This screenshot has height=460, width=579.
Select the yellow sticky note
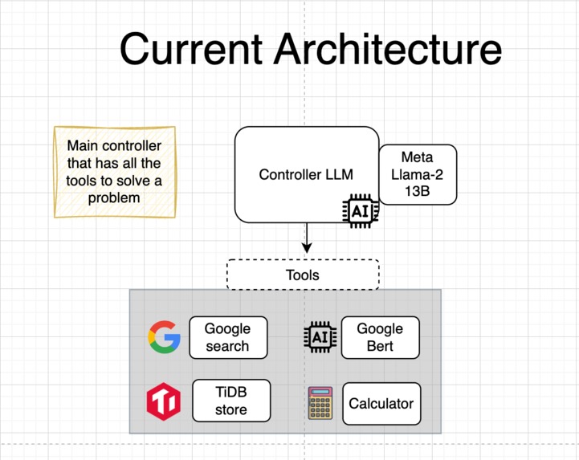click(114, 172)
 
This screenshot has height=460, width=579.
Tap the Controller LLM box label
click(306, 174)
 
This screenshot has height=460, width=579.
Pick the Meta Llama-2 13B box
click(417, 175)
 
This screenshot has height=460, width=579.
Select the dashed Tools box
click(303, 275)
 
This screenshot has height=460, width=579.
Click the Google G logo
click(165, 337)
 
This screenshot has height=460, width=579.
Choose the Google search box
click(227, 337)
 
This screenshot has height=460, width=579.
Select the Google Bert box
click(380, 337)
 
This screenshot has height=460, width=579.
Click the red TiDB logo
click(164, 401)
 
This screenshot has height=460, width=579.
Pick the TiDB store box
click(231, 401)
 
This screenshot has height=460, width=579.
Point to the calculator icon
click(320, 403)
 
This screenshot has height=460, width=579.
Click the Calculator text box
click(381, 404)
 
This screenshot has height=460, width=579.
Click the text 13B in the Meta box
click(417, 193)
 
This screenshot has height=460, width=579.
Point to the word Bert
click(380, 347)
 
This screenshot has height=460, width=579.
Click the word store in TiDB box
click(231, 410)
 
